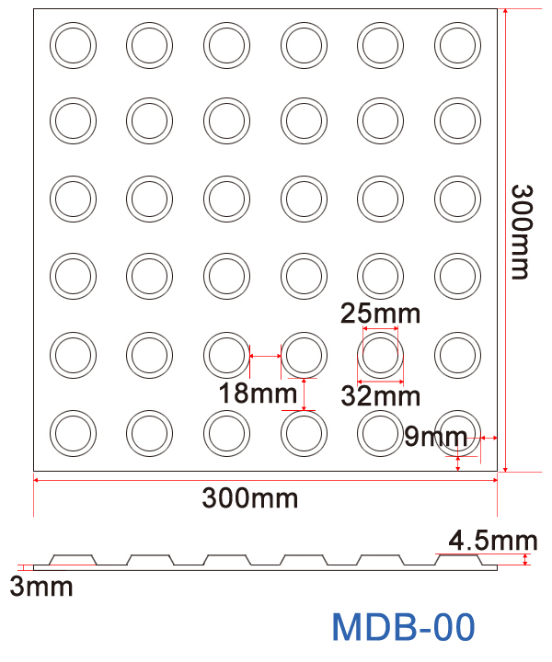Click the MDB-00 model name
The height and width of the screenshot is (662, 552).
[403, 627]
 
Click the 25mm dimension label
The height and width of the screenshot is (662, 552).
[380, 314]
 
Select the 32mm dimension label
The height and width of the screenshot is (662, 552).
[380, 396]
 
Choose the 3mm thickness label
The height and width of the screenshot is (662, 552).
[40, 586]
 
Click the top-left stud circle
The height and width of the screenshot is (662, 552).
[73, 43]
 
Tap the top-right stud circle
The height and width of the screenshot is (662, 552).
[457, 43]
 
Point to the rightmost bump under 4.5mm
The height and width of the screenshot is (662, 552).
[457, 558]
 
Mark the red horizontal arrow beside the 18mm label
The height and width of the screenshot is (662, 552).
[266, 356]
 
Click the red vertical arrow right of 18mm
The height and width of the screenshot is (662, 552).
[305, 394]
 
